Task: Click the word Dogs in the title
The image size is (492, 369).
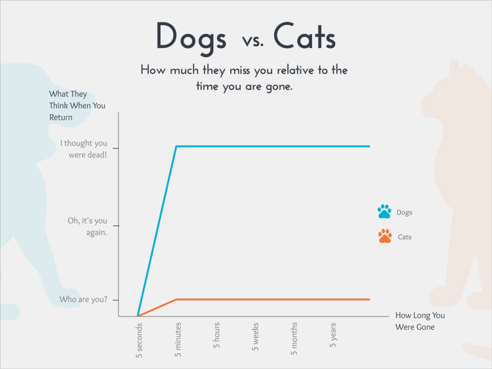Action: pos(191,37)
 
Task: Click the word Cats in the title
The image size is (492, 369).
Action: pos(304,37)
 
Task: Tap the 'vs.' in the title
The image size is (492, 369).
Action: pos(252,41)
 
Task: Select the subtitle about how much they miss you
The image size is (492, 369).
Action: pos(244,78)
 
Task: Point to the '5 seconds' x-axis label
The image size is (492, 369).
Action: pos(140,340)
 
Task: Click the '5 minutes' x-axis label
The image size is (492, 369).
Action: pos(178,340)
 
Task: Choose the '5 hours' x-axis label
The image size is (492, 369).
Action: pos(217,336)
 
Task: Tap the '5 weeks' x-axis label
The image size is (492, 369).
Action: pos(256,337)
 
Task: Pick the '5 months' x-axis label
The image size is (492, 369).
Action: pos(294,339)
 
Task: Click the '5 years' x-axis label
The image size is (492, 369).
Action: pos(332,336)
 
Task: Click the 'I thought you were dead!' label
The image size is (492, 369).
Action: pos(84,149)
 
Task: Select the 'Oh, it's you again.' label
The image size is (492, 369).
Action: pos(88,226)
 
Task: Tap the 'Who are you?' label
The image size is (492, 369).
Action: pos(83,299)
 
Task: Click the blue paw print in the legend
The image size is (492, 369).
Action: pos(384,211)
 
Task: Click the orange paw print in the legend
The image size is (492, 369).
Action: pos(384,236)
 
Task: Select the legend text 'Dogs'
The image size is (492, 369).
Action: pos(404,212)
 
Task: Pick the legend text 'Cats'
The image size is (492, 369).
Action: pos(404,237)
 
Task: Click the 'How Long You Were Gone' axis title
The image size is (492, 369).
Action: pos(420,321)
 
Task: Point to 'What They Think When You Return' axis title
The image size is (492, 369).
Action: pos(77,106)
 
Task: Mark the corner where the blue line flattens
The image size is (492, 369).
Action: pos(177,147)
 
